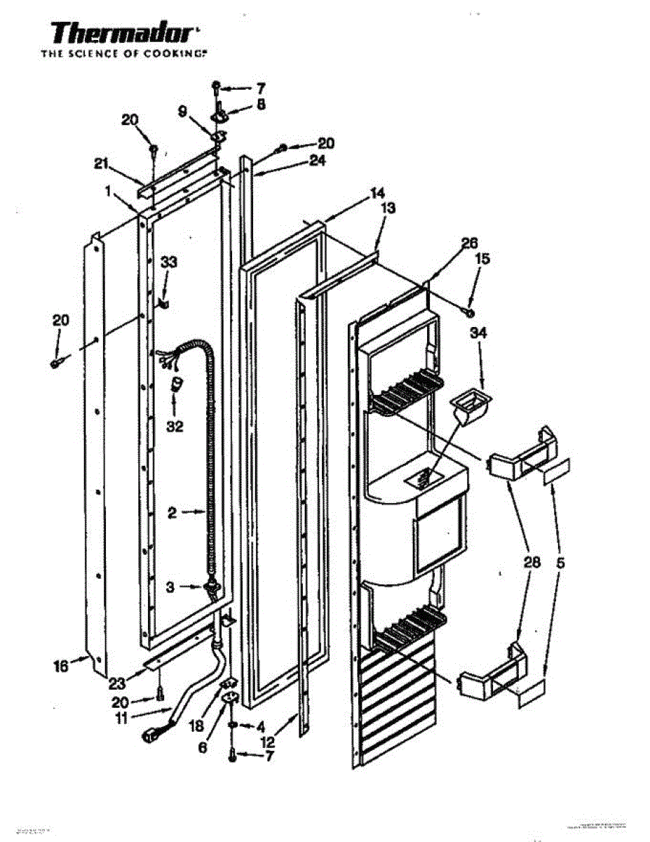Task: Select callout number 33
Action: pyautogui.click(x=170, y=262)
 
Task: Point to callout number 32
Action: pyautogui.click(x=175, y=425)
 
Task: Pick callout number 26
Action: pyautogui.click(x=469, y=243)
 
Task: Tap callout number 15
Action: pyautogui.click(x=482, y=259)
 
